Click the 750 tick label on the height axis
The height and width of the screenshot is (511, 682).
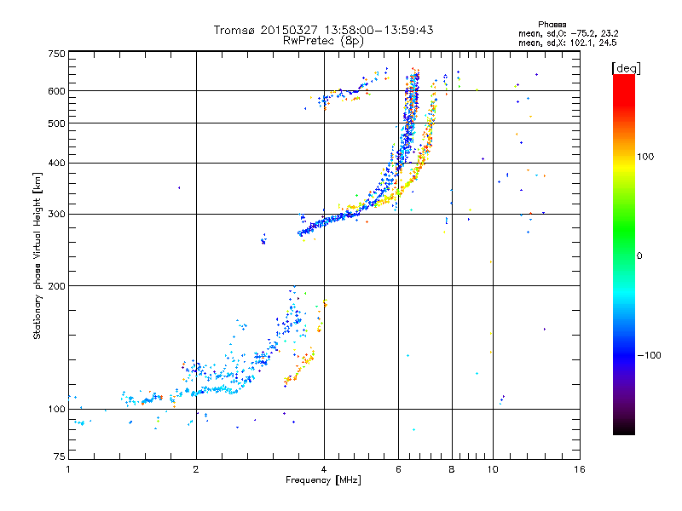(56, 54)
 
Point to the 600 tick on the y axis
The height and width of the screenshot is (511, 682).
(56, 91)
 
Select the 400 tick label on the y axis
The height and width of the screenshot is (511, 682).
(56, 164)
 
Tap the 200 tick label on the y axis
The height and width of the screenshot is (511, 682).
(56, 286)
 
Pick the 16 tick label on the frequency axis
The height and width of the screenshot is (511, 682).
(579, 470)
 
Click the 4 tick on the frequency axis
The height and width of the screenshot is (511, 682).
(324, 470)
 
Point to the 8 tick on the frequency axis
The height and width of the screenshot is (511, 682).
(452, 470)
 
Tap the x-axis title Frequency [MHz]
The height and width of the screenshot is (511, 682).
(323, 481)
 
